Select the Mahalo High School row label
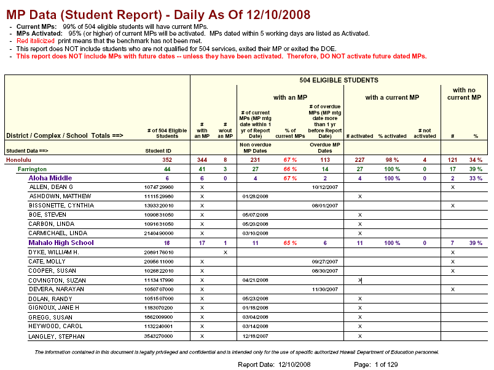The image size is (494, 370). coord(61,243)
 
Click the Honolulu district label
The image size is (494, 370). coord(18,159)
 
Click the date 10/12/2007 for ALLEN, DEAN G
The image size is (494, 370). coord(324,187)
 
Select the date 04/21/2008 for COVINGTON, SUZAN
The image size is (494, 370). coord(256,280)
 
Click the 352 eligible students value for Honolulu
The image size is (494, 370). coord(167,159)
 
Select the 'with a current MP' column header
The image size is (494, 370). coord(392,97)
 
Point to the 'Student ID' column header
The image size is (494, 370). coord(158,150)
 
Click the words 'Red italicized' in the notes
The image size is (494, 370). coord(36,41)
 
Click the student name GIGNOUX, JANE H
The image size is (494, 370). coord(54,308)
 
